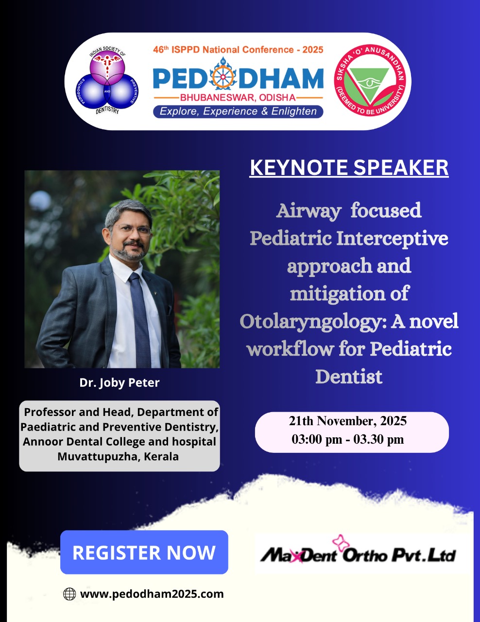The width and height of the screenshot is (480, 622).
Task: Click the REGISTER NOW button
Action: click(144, 552)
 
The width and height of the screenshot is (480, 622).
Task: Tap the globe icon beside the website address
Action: click(69, 594)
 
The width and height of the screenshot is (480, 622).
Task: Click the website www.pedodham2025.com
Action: click(152, 594)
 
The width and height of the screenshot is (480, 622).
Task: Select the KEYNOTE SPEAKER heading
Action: click(349, 168)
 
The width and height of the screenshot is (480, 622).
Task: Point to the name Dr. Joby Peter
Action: click(120, 383)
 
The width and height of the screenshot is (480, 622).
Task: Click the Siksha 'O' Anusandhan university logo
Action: click(370, 80)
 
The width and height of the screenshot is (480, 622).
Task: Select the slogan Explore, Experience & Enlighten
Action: click(238, 111)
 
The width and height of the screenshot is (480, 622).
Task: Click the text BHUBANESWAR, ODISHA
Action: click(238, 98)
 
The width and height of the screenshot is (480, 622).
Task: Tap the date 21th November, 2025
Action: click(347, 421)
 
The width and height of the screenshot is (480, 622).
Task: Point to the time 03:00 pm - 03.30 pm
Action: click(347, 439)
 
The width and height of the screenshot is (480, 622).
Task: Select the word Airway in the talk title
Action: click(309, 211)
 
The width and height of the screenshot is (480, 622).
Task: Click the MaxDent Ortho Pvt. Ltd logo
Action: click(358, 553)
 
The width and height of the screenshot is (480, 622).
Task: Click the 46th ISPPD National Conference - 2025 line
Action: click(238, 50)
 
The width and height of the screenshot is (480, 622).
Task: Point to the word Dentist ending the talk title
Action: click(349, 377)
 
